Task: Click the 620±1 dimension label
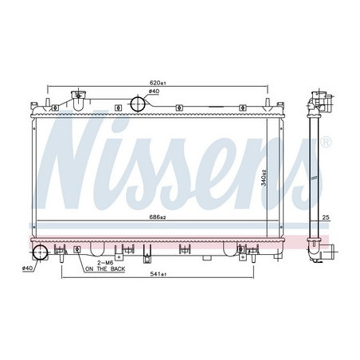(158, 83)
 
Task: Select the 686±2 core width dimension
(158, 217)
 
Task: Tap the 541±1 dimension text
(158, 274)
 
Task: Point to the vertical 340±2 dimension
(264, 178)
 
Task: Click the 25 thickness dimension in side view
(326, 217)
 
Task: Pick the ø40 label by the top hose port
(154, 92)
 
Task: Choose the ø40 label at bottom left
(27, 268)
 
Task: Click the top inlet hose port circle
(139, 104)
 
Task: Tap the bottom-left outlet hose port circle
(40, 252)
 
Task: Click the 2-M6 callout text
(105, 263)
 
